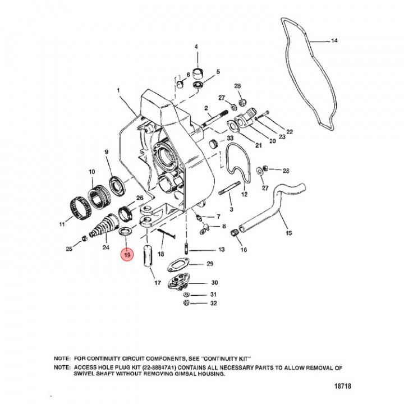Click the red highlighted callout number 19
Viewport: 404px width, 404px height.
pyautogui.click(x=127, y=255)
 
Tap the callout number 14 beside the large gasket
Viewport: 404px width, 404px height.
pyautogui.click(x=334, y=41)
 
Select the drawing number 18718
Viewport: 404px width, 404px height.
pyautogui.click(x=343, y=385)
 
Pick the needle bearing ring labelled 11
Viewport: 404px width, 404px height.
pyautogui.click(x=80, y=208)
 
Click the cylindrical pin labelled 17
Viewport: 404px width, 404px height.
pyautogui.click(x=148, y=256)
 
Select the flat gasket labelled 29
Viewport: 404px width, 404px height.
pyautogui.click(x=178, y=265)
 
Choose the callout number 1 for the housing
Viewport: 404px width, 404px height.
pyautogui.click(x=118, y=90)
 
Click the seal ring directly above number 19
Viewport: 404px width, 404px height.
pyautogui.click(x=125, y=231)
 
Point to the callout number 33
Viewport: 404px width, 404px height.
pyautogui.click(x=230, y=139)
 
